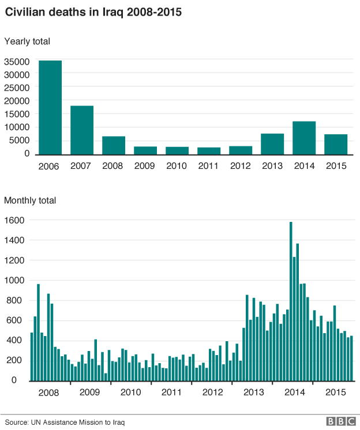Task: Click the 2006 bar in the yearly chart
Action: pos(50,107)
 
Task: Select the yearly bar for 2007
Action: pos(82,130)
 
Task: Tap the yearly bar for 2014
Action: pos(304,138)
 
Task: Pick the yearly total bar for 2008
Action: pos(114,145)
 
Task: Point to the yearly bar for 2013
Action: pos(272,144)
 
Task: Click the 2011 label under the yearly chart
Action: pos(209,167)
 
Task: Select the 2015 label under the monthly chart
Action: pos(336,393)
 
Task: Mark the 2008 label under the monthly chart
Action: pos(48,393)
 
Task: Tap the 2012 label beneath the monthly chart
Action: pos(212,393)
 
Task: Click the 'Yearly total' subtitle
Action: pos(27,42)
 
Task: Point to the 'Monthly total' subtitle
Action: pos(30,201)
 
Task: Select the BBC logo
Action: pos(340,421)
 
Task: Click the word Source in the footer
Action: pos(17,422)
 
